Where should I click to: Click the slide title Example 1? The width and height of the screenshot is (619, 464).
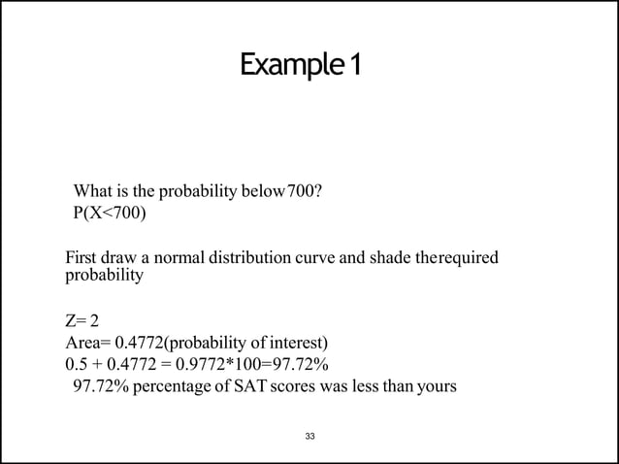point(301,67)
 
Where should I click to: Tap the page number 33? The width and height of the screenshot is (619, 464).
point(309,437)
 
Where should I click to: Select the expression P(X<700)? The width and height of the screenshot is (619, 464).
point(111,213)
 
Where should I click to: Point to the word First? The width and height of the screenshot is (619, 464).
point(81,259)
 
